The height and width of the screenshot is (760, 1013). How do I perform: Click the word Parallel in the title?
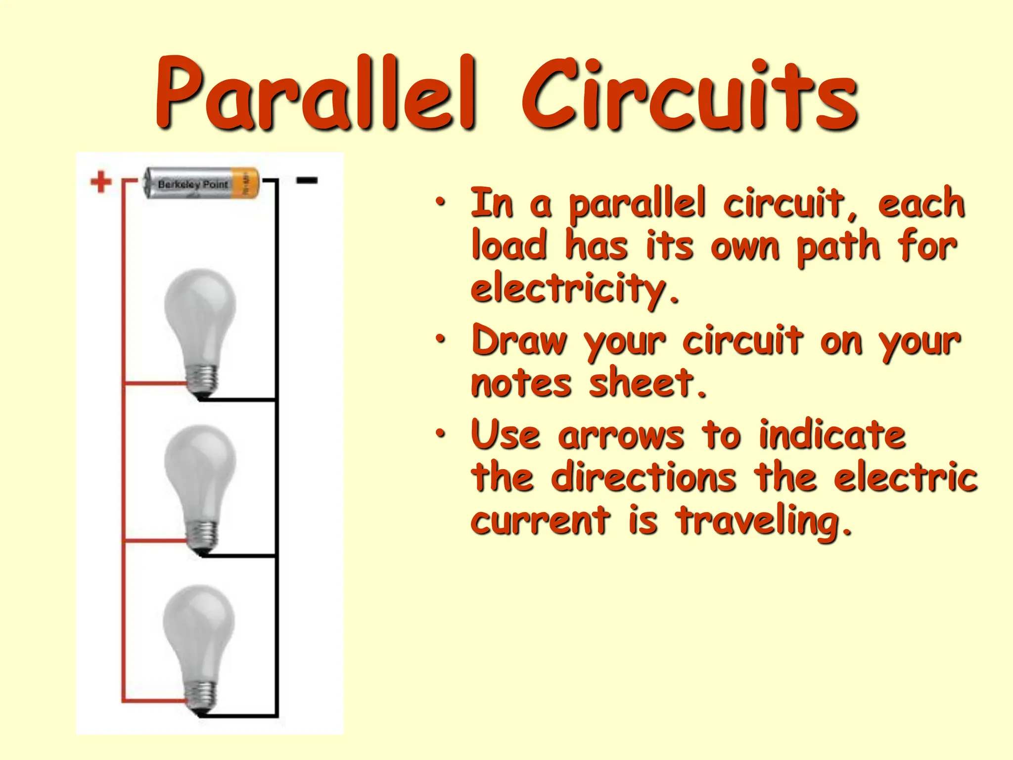pyautogui.click(x=317, y=94)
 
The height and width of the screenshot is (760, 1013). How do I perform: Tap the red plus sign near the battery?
pyautogui.click(x=101, y=182)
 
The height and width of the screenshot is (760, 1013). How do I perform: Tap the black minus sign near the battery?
pyautogui.click(x=307, y=181)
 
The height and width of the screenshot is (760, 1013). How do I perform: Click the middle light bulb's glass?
pyautogui.click(x=200, y=468)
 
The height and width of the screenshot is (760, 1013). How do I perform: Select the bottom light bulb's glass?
pyautogui.click(x=199, y=628)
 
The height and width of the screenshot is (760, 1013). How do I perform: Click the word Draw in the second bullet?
pyautogui.click(x=519, y=340)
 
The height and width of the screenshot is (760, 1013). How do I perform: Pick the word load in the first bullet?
pyautogui.click(x=509, y=246)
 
